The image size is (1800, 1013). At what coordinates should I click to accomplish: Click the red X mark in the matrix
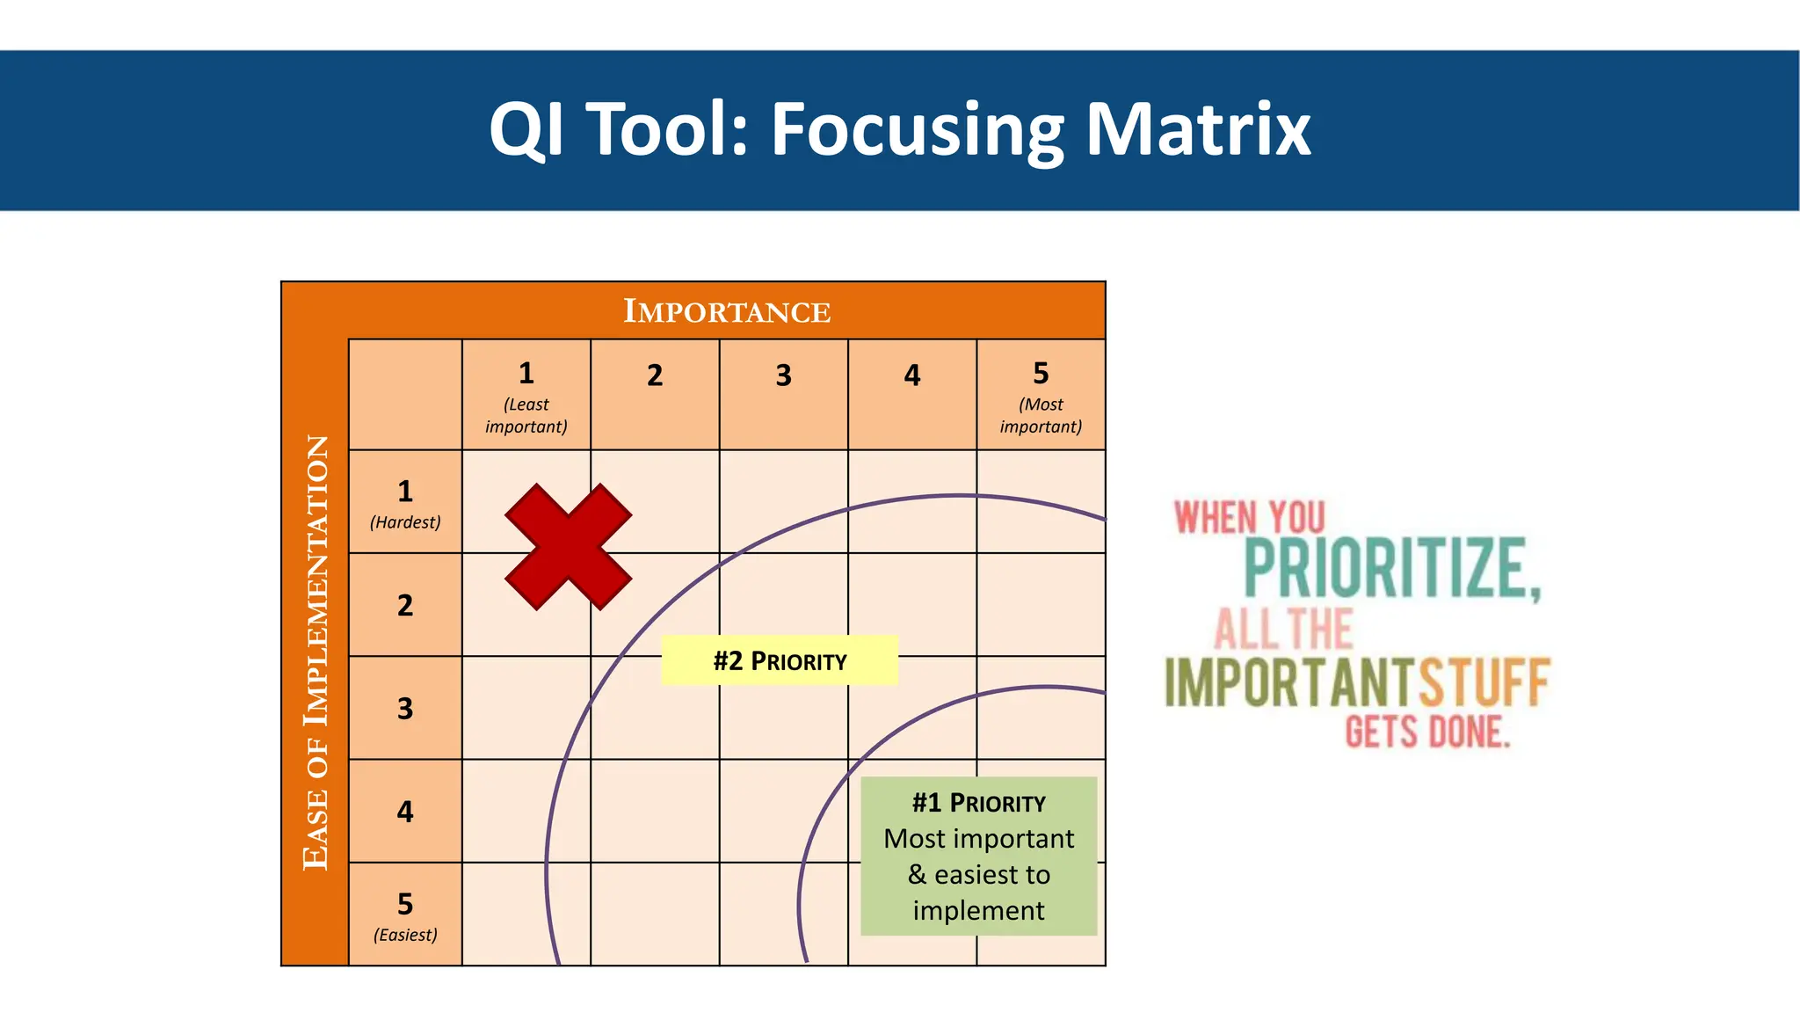coord(568,546)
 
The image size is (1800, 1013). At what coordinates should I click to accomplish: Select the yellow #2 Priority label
coord(779,660)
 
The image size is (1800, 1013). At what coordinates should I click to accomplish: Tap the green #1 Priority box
coord(978,856)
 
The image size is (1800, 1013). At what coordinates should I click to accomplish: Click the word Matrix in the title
coord(1198,130)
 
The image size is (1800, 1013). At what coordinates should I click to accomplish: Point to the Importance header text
coord(727,311)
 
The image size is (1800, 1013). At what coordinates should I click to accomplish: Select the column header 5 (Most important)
coord(1041,395)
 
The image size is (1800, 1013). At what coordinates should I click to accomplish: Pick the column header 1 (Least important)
coord(526,395)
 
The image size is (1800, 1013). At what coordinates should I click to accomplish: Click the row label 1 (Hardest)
coord(405,502)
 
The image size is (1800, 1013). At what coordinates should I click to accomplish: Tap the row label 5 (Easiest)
coord(405,915)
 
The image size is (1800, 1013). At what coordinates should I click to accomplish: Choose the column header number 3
coord(783,376)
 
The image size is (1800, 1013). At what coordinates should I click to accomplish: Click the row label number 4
coord(405,811)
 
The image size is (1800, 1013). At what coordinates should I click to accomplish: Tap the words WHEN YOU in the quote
coord(1249,518)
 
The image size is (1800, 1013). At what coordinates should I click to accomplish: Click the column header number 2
coord(655,376)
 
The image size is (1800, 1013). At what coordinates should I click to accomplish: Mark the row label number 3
coord(405,708)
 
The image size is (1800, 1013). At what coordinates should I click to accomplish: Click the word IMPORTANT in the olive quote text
coord(1290,682)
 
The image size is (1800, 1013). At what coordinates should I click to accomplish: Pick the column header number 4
coord(912,376)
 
